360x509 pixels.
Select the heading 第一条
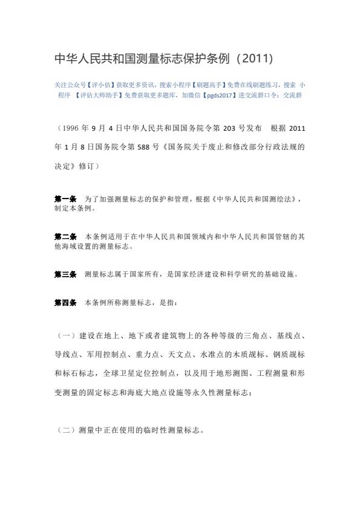click(65, 198)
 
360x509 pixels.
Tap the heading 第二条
click(65, 236)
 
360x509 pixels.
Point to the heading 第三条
click(65, 274)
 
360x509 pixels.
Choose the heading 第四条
click(65, 301)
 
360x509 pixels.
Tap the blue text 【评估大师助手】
click(98, 95)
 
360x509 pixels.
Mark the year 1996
click(71, 128)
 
